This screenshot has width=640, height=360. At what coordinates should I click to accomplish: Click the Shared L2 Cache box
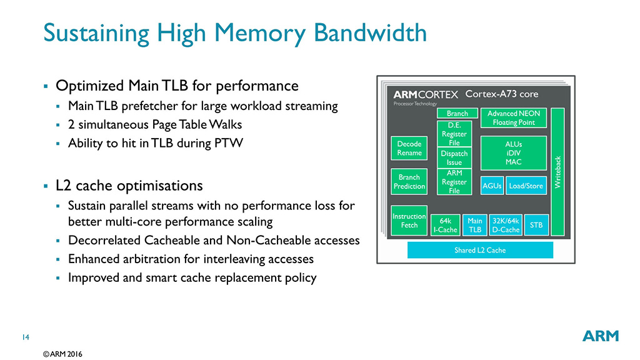480,250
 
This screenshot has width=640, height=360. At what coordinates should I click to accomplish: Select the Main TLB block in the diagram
475,225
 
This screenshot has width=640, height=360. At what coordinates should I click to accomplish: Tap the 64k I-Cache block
446,225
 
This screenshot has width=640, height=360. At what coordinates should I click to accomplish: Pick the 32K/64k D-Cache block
506,225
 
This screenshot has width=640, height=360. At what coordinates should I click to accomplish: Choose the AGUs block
492,186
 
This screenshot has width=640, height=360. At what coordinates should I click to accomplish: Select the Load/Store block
526,186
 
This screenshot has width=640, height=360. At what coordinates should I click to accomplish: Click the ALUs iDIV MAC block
513,153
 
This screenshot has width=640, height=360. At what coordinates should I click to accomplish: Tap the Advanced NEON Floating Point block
513,117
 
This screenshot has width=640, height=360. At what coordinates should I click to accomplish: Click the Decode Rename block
409,148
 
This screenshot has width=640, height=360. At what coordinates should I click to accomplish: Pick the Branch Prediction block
409,182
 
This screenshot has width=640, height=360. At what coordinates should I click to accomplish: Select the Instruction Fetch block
409,221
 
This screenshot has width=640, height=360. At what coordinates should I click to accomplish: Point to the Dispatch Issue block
454,157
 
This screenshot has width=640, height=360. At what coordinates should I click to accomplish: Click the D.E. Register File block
454,134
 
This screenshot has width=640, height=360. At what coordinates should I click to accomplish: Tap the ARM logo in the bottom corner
601,336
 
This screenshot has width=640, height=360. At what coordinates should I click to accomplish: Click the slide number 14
26,338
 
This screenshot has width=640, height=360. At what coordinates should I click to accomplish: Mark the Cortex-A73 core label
502,94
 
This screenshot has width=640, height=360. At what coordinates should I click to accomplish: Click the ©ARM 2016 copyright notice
62,354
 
